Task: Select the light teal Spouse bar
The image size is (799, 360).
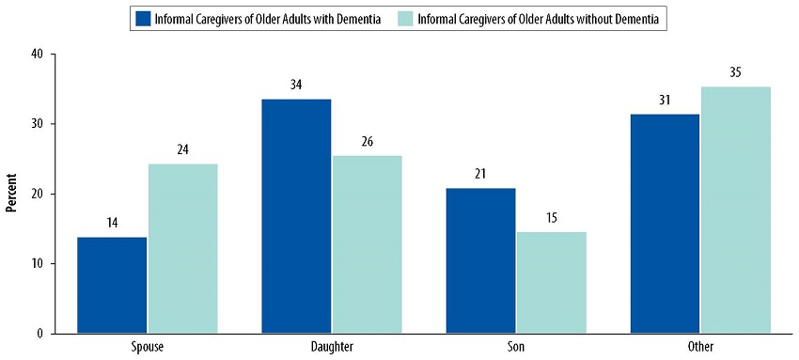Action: tap(182, 248)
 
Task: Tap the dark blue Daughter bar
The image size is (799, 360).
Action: tap(296, 215)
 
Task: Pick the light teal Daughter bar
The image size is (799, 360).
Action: tap(367, 243)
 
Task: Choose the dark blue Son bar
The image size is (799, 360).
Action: tap(480, 260)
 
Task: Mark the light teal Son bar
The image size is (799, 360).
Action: tap(551, 282)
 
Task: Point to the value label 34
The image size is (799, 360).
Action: tap(296, 85)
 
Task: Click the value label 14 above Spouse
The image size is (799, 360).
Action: tap(112, 223)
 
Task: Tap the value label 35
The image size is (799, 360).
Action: tap(735, 72)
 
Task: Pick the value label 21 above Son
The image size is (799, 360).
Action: tap(480, 174)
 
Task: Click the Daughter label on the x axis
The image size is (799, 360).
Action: tap(331, 348)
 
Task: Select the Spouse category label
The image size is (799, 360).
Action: tap(147, 348)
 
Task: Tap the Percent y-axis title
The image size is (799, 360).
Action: tap(12, 194)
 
